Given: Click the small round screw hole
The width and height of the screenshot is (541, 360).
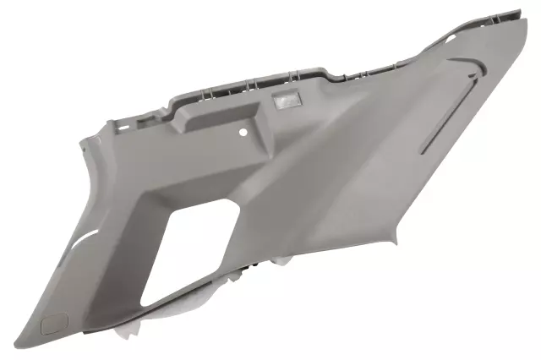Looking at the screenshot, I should pyautogui.click(x=243, y=133).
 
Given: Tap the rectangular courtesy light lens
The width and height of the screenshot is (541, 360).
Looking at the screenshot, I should pyautogui.click(x=285, y=103).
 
